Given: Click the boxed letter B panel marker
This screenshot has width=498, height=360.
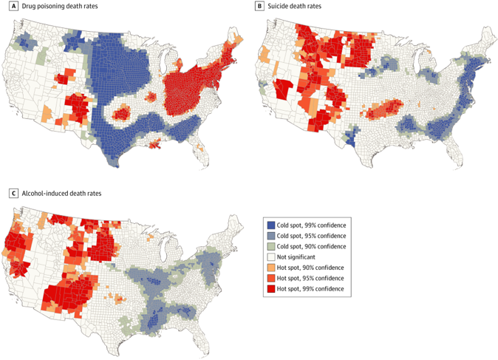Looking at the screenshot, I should (259, 7).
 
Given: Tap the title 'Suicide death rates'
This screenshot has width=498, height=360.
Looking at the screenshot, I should (290, 7).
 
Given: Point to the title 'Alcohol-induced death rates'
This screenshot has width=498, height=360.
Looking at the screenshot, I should (52, 193).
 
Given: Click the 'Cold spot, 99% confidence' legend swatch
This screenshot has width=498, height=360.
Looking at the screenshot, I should (270, 225).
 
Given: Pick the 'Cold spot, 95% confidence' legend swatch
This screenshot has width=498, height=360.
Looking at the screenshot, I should (270, 235).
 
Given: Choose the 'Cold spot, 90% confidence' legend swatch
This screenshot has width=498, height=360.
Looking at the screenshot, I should (270, 245).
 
